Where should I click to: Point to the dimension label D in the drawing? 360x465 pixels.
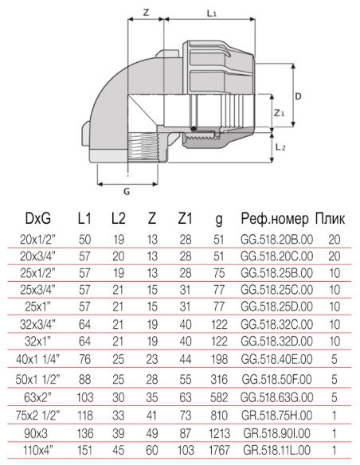click(x=297, y=95)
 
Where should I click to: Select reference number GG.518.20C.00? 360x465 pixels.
click(x=274, y=256)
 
